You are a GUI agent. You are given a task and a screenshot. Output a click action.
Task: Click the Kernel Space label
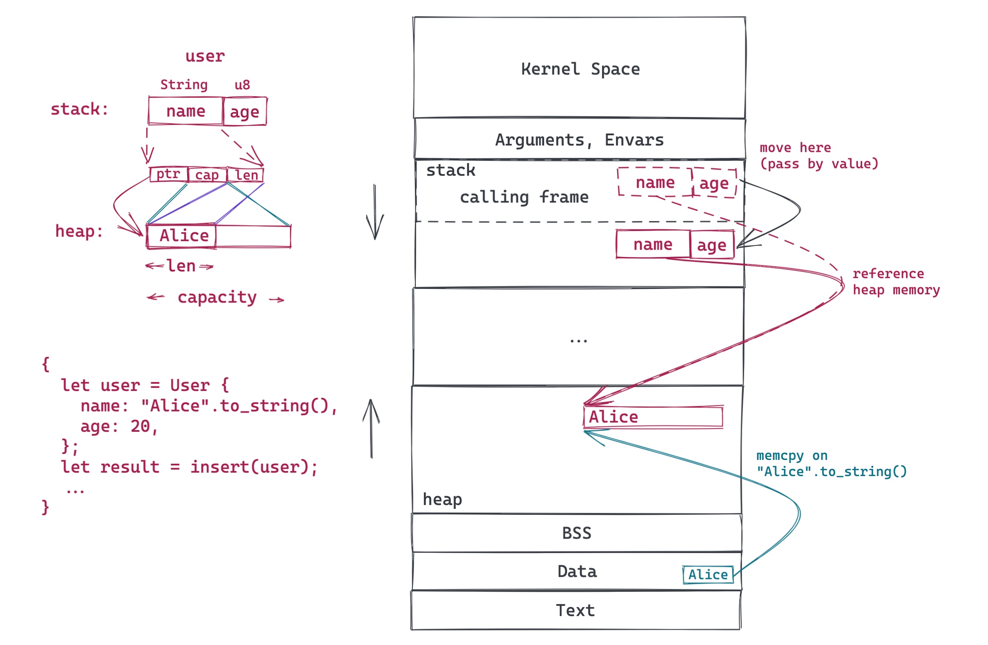point(580,69)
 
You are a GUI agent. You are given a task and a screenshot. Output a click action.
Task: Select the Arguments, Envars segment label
point(579,140)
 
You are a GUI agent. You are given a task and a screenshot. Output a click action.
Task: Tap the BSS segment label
point(576,533)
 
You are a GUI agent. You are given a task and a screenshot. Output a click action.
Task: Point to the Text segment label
point(575,611)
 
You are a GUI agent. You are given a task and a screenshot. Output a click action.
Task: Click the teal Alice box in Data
point(708,575)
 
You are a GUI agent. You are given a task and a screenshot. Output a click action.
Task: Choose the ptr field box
point(168,174)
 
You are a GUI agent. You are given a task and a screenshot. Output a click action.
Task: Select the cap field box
point(207,175)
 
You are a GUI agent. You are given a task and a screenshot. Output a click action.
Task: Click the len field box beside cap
point(246,175)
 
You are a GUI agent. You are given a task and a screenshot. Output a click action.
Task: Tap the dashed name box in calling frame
point(655,182)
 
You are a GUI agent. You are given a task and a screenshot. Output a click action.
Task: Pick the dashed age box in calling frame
point(714,183)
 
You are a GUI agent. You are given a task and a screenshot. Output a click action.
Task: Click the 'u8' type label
point(242,85)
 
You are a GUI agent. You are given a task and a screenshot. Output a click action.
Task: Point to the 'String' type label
point(184,85)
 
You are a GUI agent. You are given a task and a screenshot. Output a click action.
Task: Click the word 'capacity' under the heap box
point(217,297)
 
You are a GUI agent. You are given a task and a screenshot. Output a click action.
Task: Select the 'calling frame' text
point(524,197)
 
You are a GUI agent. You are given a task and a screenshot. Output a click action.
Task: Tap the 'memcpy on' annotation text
point(792,456)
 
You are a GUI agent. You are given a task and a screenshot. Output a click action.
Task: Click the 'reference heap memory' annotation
point(896,282)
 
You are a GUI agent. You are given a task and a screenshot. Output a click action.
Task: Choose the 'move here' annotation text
point(795,148)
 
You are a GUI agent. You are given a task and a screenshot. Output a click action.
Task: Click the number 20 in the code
point(140,426)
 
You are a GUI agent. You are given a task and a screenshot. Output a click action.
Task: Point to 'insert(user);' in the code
point(254,467)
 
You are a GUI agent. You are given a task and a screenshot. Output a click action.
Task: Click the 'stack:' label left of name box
point(79,109)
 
